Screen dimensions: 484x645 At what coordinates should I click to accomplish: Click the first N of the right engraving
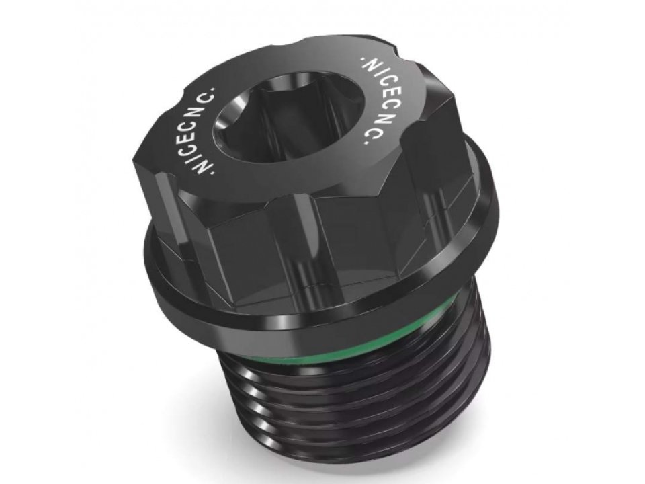370,67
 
